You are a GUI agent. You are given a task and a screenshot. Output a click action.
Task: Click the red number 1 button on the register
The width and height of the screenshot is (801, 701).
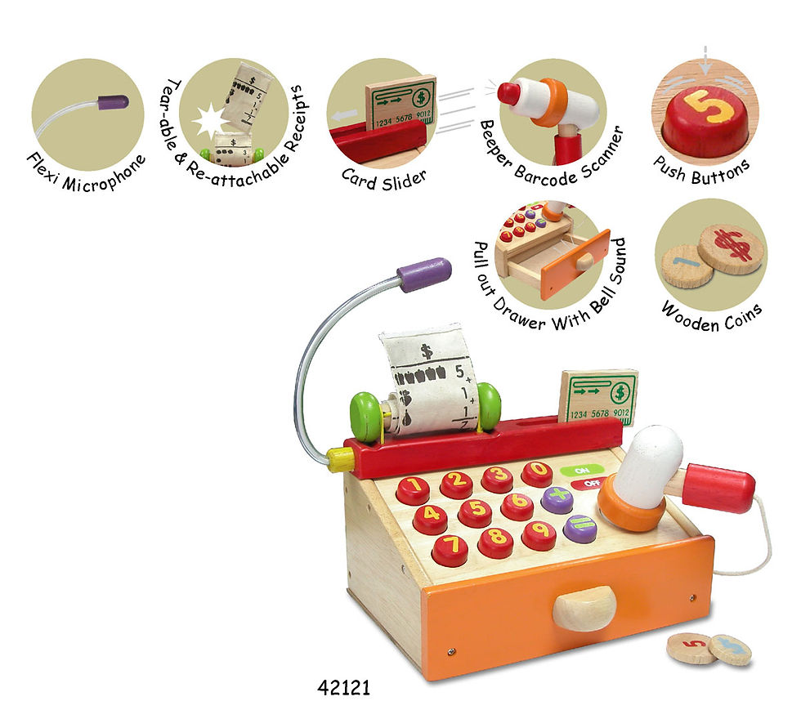point(413,490)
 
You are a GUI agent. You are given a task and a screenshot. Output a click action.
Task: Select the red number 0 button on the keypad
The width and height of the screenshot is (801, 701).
point(538,474)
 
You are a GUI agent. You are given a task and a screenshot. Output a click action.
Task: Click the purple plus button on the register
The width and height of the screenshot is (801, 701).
point(557,500)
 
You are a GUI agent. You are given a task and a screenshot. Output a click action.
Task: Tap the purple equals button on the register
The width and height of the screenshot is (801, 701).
point(580,529)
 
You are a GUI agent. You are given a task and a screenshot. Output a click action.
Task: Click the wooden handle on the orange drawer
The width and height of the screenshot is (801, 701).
point(584,607)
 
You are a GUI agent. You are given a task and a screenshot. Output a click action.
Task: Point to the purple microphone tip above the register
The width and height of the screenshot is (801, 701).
point(424,275)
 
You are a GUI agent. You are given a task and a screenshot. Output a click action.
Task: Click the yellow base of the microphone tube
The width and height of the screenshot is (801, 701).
point(341,459)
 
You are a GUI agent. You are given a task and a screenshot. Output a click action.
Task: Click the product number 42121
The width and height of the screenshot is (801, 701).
point(343,687)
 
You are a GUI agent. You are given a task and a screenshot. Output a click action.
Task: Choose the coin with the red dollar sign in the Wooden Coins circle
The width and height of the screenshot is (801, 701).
point(731,248)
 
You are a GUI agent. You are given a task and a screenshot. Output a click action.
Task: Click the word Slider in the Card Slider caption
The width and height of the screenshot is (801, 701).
point(404,181)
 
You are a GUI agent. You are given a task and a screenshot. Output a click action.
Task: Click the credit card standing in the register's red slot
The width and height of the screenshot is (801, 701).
point(599,398)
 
